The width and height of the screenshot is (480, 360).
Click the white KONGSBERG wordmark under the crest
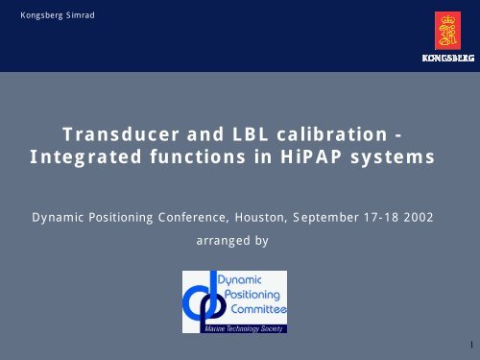click(446, 59)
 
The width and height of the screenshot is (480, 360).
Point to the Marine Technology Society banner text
click(233, 328)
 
